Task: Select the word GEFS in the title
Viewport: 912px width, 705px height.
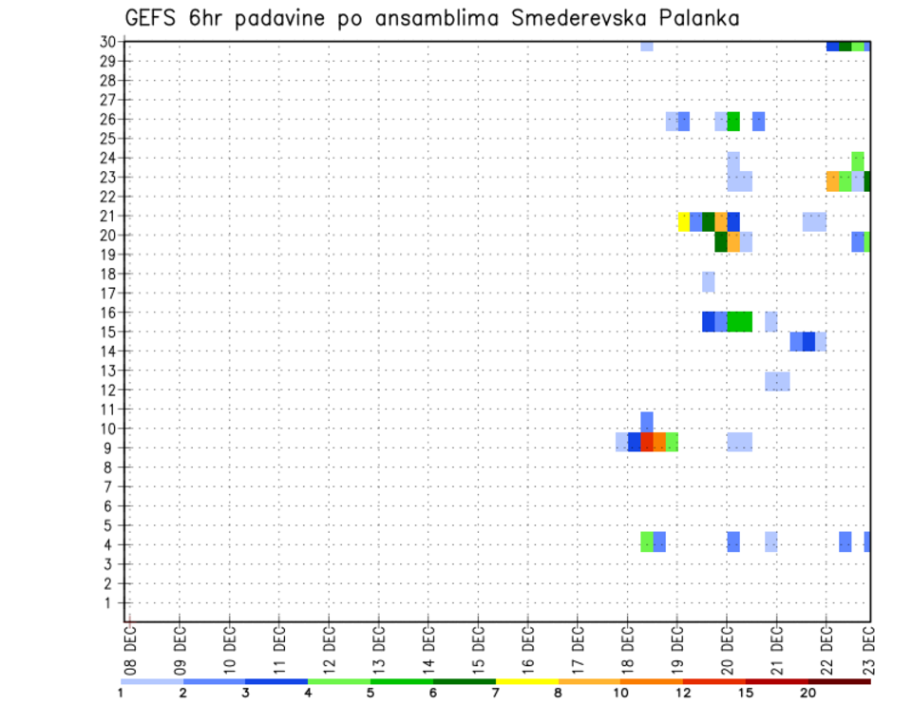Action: pos(156,18)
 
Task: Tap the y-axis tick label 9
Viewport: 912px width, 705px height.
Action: pos(111,448)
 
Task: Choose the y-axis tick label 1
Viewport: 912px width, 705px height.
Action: pos(111,602)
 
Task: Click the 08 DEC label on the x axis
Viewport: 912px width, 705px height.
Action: pos(130,649)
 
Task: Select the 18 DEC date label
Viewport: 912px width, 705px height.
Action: pos(627,649)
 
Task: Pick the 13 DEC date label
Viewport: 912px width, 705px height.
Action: pos(379,649)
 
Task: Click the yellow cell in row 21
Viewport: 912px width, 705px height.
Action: pos(683,221)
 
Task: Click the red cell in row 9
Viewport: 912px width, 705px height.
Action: pos(647,442)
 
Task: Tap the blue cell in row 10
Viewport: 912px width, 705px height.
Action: pos(647,422)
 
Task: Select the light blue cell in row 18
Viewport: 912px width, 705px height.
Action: pos(709,282)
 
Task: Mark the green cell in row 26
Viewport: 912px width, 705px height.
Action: pos(733,122)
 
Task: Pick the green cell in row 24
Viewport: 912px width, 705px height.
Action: pos(858,160)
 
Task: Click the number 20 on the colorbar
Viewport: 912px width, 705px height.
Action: pos(808,694)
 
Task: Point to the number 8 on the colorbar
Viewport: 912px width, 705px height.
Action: pos(558,694)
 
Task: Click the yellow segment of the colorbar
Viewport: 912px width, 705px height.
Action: pos(526,681)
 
